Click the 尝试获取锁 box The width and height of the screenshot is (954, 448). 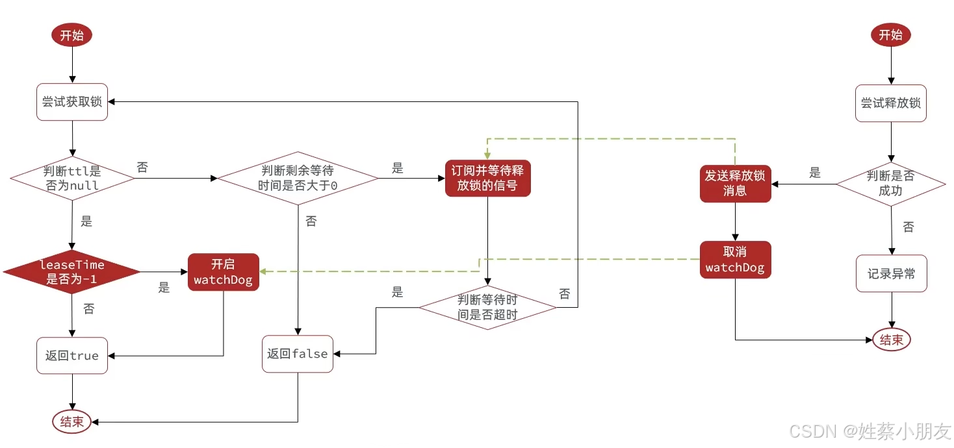click(x=72, y=102)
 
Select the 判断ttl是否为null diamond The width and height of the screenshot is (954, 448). click(x=71, y=179)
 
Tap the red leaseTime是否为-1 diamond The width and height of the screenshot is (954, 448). click(x=71, y=272)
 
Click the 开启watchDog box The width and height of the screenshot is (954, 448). click(x=223, y=272)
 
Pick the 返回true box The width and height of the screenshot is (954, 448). click(x=71, y=355)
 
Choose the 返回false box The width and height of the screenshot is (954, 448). click(x=297, y=354)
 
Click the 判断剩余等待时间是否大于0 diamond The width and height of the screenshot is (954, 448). click(x=298, y=178)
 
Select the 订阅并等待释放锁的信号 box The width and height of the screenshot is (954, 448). click(x=488, y=179)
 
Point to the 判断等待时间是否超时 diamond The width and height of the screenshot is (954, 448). click(x=487, y=307)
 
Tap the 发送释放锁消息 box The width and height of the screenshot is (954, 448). click(x=735, y=183)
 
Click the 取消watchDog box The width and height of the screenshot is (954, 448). click(x=735, y=260)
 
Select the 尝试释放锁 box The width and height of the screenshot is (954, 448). click(x=890, y=103)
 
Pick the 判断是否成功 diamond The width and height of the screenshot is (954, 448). click(x=890, y=184)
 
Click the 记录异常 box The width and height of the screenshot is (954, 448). click(x=891, y=274)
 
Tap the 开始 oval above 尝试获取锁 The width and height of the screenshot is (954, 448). click(x=71, y=35)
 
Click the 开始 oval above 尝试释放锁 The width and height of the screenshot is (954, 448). click(x=890, y=35)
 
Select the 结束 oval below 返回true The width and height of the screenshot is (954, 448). click(x=71, y=422)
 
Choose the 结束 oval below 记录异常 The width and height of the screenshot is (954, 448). click(x=891, y=339)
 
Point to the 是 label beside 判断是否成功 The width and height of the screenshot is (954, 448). click(x=815, y=173)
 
